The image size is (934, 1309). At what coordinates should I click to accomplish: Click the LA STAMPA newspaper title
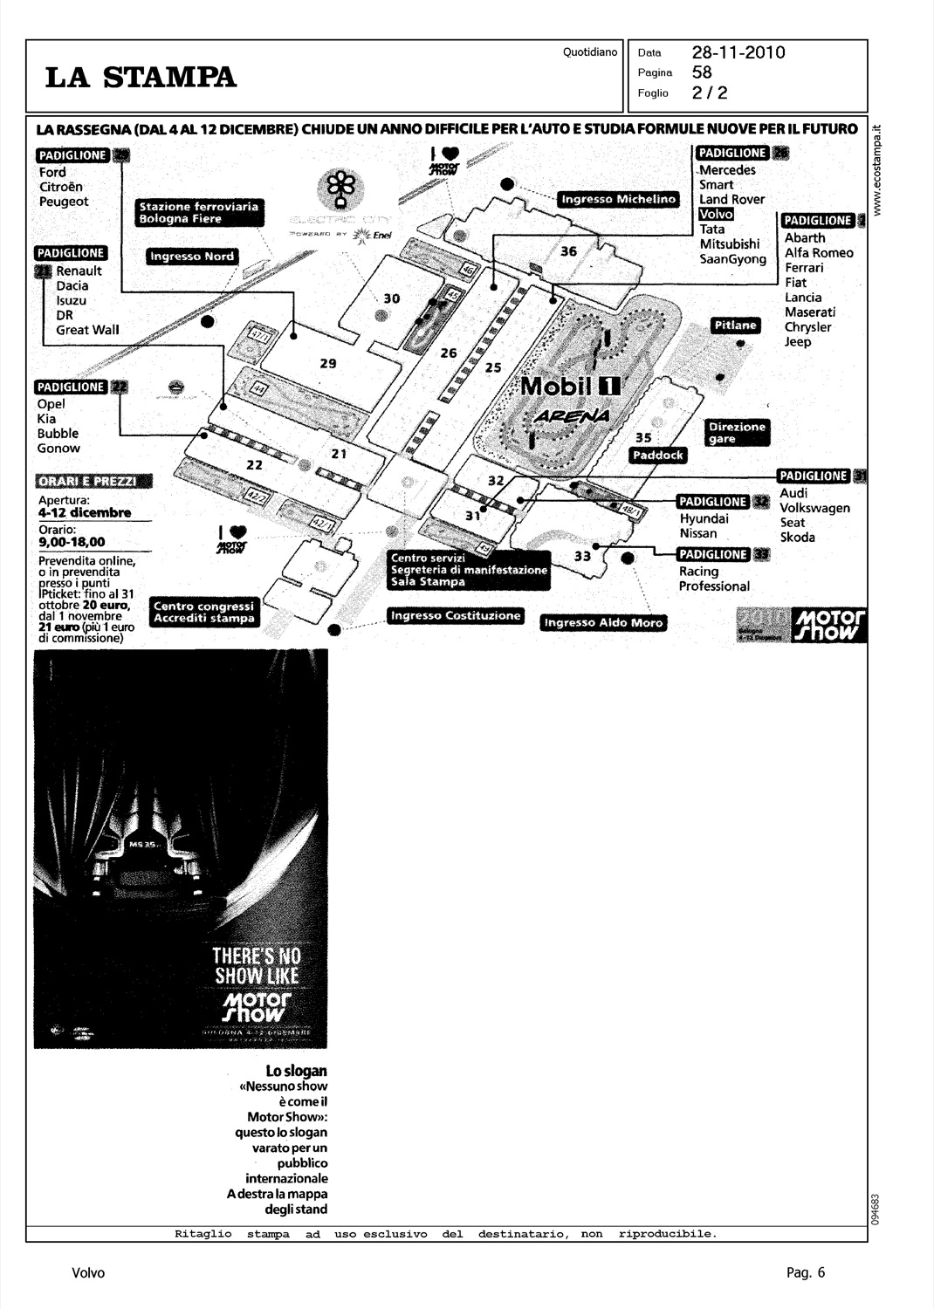click(x=141, y=78)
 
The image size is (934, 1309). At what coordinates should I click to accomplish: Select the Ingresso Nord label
click(x=191, y=257)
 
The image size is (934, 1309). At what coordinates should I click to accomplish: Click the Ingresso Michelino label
click(x=618, y=199)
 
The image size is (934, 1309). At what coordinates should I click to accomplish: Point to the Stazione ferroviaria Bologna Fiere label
click(x=199, y=213)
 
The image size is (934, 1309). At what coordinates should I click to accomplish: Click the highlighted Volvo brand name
click(x=716, y=214)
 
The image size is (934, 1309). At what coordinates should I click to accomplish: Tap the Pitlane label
click(x=736, y=326)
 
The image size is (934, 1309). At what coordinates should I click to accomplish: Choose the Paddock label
click(x=658, y=455)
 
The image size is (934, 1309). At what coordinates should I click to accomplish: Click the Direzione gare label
click(x=737, y=433)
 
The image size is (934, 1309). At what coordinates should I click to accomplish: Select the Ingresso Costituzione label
click(x=456, y=616)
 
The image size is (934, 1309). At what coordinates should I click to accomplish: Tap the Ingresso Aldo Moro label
click(x=603, y=622)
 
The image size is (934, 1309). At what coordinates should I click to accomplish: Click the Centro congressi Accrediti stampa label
click(x=204, y=612)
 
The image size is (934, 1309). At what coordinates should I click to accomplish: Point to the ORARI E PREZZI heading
click(x=93, y=482)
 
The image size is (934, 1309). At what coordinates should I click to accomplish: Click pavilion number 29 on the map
click(x=328, y=363)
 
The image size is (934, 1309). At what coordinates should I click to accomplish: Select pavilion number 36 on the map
click(x=568, y=251)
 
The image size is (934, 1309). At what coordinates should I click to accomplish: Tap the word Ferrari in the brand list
click(x=803, y=268)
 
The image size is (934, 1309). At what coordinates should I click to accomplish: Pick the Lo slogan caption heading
click(x=296, y=1071)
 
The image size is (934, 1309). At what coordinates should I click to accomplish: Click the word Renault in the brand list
click(x=79, y=271)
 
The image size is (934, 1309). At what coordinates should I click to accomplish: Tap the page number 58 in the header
click(x=702, y=72)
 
